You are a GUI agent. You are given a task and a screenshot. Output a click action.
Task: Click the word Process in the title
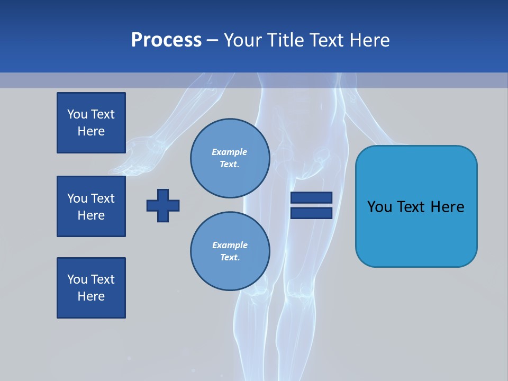pyautogui.click(x=166, y=40)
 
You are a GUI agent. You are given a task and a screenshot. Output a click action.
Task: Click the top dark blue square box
pyautogui.click(x=91, y=123)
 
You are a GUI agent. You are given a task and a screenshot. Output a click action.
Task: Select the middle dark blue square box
pyautogui.click(x=91, y=206)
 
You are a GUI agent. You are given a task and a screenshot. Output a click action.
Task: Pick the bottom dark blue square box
pyautogui.click(x=91, y=288)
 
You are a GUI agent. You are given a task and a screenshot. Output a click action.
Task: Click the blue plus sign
pyautogui.click(x=163, y=205)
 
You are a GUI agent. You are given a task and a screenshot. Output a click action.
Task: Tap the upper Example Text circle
pyautogui.click(x=230, y=158)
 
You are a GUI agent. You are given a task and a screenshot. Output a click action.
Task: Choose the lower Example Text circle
pyautogui.click(x=230, y=251)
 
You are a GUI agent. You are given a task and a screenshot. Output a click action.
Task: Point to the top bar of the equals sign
pyautogui.click(x=311, y=198)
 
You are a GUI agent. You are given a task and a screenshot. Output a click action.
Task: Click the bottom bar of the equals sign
pyautogui.click(x=311, y=213)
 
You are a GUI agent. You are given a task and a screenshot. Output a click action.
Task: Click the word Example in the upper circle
pyautogui.click(x=230, y=152)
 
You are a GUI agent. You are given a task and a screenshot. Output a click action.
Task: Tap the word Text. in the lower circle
pyautogui.click(x=230, y=258)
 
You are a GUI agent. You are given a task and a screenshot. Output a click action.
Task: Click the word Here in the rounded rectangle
pyautogui.click(x=447, y=207)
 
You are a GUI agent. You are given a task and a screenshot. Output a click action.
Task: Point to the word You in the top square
pyautogui.click(x=77, y=114)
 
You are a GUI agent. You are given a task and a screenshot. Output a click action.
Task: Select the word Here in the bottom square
pyautogui.click(x=91, y=297)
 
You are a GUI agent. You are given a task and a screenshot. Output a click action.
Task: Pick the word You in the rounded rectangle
pyautogui.click(x=379, y=207)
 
